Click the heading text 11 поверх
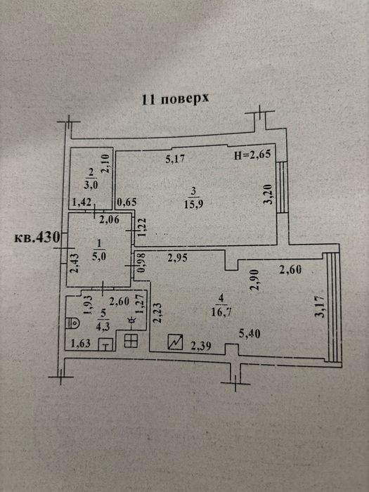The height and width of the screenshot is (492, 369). [x=175, y=99]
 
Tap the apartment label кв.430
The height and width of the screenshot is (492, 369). [x=37, y=237]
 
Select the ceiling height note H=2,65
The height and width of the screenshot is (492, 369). [x=252, y=155]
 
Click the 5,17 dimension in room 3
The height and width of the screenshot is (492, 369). [x=175, y=160]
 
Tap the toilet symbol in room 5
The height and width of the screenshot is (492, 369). [x=72, y=323]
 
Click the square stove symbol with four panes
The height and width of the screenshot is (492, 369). [x=131, y=341]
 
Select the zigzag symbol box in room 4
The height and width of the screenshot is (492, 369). [x=176, y=342]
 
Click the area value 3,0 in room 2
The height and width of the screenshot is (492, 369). [x=91, y=185]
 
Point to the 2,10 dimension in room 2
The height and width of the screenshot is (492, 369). [x=105, y=163]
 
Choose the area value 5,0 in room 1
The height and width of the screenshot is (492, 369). [x=99, y=257]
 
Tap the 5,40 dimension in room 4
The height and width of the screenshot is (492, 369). [x=250, y=334]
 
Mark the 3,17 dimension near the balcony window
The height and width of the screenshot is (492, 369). [x=321, y=307]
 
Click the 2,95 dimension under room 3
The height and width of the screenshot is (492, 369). [x=178, y=258]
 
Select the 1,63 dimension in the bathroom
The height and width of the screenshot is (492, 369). [x=81, y=343]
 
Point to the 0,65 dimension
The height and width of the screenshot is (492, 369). [x=127, y=202]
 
